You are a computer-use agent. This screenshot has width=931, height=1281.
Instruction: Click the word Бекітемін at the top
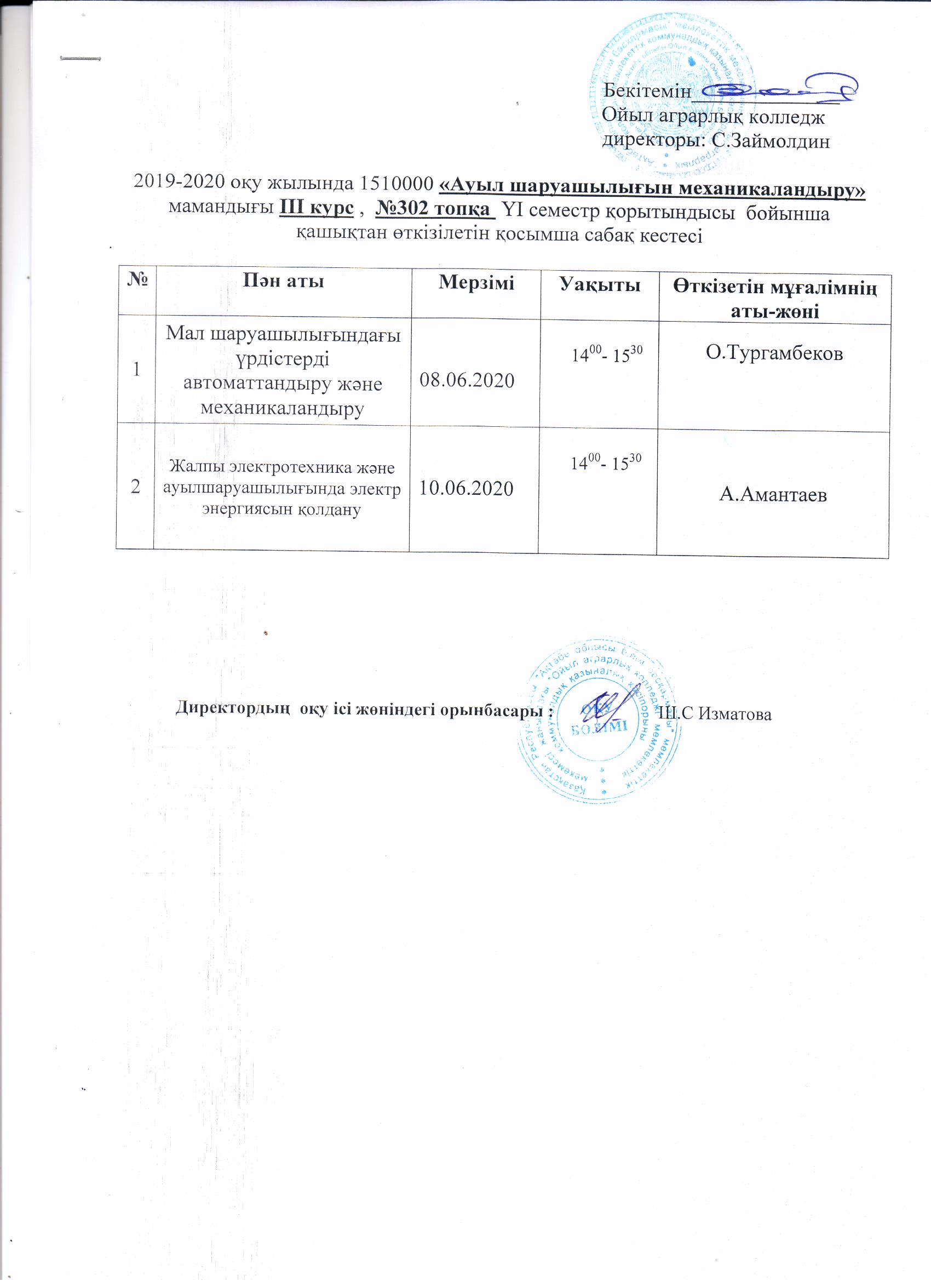click(647, 91)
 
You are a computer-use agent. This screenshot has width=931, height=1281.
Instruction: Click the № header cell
click(136, 281)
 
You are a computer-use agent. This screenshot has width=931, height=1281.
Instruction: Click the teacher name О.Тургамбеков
click(774, 354)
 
